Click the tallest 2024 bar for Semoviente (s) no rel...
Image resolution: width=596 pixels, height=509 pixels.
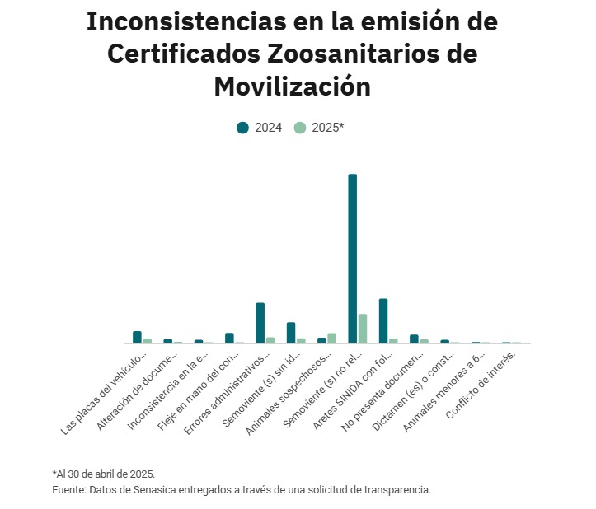(352, 259)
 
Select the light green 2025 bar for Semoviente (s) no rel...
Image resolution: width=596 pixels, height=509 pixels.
(362, 329)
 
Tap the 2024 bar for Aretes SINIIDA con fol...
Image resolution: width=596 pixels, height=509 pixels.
(383, 320)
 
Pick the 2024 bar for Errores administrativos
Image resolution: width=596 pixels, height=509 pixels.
(260, 323)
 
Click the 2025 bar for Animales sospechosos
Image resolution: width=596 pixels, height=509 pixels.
(331, 338)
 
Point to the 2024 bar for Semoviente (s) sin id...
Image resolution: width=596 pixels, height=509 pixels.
(291, 332)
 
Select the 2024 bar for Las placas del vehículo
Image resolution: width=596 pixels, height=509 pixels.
(137, 337)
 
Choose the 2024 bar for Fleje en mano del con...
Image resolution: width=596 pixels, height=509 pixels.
(229, 338)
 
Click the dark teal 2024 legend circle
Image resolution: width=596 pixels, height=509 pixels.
(242, 128)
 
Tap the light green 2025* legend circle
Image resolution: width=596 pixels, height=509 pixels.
(300, 128)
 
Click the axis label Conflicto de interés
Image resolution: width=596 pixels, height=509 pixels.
(483, 384)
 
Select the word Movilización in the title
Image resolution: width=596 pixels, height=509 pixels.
(292, 86)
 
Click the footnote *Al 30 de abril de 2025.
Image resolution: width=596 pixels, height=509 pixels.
(103, 474)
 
